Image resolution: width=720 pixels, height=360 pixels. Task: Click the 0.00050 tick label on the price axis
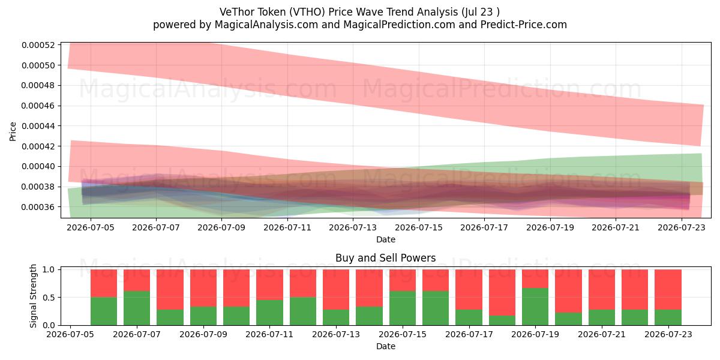pos(38,65)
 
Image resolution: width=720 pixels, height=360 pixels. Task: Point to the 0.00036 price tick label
pos(38,207)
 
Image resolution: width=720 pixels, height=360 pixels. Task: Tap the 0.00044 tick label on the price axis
pos(38,126)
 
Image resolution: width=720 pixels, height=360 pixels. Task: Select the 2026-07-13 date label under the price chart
pos(353,227)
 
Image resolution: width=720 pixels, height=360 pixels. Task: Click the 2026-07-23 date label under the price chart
pos(682,227)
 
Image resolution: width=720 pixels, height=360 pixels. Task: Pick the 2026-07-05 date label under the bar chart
pos(70,334)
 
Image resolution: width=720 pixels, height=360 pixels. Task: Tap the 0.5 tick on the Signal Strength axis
pos(49,298)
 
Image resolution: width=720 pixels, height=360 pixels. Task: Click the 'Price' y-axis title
pos(13,131)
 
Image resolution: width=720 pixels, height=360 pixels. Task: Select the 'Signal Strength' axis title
pos(33,296)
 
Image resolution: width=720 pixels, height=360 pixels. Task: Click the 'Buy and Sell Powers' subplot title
pos(385,258)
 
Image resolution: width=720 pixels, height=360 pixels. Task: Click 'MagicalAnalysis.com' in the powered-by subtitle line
pos(266,25)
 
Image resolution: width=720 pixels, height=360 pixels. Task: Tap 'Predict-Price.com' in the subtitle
pos(524,25)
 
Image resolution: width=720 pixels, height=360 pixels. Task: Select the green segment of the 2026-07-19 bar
pos(535,307)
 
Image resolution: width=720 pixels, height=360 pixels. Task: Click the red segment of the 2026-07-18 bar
pos(502,293)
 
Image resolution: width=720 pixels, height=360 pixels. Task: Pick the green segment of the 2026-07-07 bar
pos(137,308)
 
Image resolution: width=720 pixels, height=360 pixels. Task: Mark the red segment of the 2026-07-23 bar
pos(668,290)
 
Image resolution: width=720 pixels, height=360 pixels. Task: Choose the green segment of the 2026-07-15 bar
pos(403,308)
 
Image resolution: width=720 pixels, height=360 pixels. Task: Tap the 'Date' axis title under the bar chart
pos(386,346)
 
